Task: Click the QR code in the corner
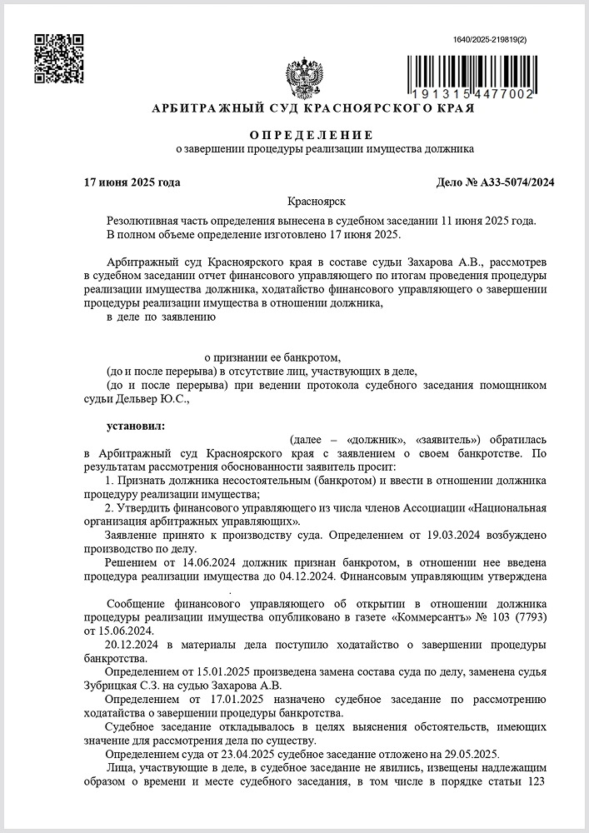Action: tap(58, 58)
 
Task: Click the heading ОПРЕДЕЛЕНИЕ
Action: tap(312, 135)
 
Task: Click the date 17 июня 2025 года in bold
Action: tap(132, 182)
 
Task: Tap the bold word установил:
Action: tap(136, 426)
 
